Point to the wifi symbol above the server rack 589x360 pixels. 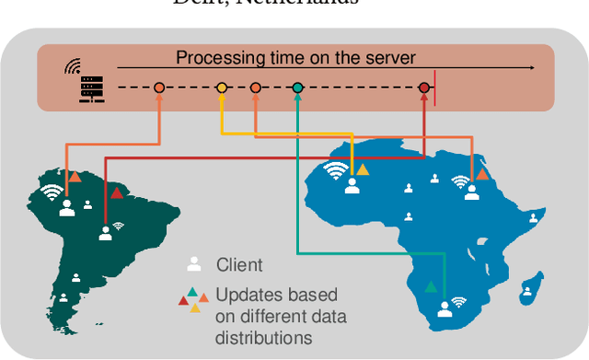tap(72, 66)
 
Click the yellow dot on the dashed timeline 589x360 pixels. tap(222, 88)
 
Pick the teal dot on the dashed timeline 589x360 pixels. tap(297, 88)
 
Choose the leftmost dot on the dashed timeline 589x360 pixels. tap(158, 88)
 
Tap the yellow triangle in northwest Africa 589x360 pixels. tap(363, 169)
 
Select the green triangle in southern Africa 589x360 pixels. tap(430, 286)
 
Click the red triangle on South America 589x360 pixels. tap(116, 192)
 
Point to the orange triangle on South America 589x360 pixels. tap(73, 174)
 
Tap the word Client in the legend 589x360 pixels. tap(239, 265)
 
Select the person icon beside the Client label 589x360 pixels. tap(194, 265)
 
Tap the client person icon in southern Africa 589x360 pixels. tap(445, 308)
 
